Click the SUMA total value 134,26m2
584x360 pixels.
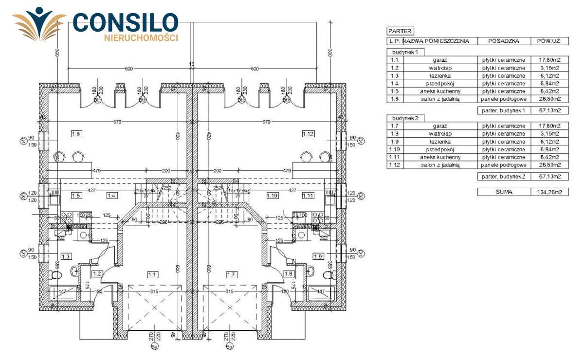[x=549, y=192]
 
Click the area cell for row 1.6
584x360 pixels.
[x=549, y=99]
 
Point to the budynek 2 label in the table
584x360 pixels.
[x=402, y=118]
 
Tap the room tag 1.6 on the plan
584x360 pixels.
[x=76, y=134]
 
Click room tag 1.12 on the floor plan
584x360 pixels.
[x=307, y=134]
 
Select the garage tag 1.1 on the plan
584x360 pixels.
[x=152, y=274]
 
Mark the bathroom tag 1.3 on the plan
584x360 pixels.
[x=66, y=256]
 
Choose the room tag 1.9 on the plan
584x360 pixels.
[x=319, y=256]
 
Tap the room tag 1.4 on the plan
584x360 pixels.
[x=111, y=196]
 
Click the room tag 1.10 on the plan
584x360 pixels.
[x=272, y=196]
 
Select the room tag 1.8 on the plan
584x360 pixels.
[x=289, y=274]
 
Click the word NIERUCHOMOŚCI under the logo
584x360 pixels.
[x=141, y=37]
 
